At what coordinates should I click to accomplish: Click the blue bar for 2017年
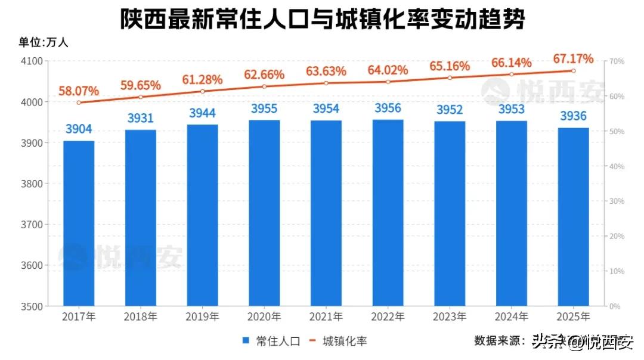[x=79, y=224]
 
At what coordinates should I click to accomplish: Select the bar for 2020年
[x=264, y=213]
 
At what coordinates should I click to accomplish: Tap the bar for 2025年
[x=573, y=217]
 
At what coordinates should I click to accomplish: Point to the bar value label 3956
[x=388, y=108]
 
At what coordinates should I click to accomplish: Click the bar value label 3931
[x=141, y=119]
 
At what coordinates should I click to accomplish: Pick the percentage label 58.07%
[x=78, y=91]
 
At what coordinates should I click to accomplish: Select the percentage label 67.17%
[x=573, y=59]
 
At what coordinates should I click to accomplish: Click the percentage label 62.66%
[x=264, y=75]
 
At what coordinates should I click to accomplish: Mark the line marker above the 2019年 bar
[x=203, y=91]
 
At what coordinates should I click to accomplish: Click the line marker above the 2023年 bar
[x=450, y=77]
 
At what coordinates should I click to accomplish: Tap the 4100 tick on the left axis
[x=33, y=61]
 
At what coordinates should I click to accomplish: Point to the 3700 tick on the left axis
[x=33, y=225]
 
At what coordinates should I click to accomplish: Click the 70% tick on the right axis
[x=617, y=61]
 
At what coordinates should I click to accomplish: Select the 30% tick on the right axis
[x=617, y=201]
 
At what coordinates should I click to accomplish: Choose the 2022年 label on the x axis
[x=388, y=316]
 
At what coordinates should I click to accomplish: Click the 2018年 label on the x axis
[x=141, y=316]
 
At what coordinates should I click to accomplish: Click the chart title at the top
[x=322, y=19]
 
